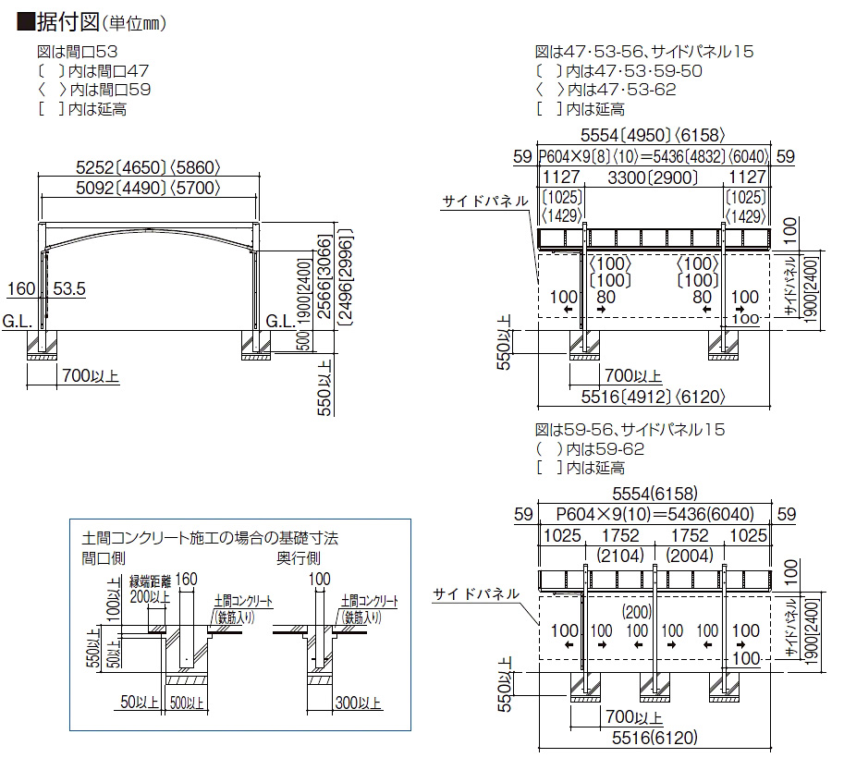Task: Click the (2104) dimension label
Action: click(x=620, y=556)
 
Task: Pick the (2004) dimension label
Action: click(x=690, y=556)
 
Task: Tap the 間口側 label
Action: click(x=102, y=558)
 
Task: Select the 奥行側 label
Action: click(x=298, y=558)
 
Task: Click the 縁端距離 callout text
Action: click(x=150, y=581)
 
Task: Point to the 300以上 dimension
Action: click(x=360, y=703)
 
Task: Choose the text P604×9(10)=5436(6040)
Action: click(x=655, y=515)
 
